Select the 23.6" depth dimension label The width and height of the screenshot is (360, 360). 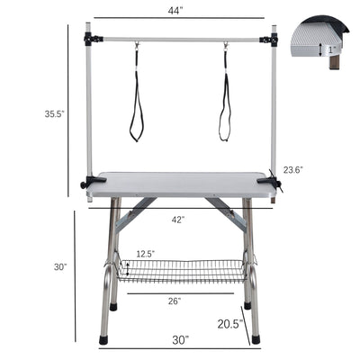292,169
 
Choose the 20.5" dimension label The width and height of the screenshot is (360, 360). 229,323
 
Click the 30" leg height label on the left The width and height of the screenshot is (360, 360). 60,267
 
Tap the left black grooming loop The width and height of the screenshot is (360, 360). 137,99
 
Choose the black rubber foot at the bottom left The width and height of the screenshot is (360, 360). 104,340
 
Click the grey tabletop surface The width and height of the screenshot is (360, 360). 180,184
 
